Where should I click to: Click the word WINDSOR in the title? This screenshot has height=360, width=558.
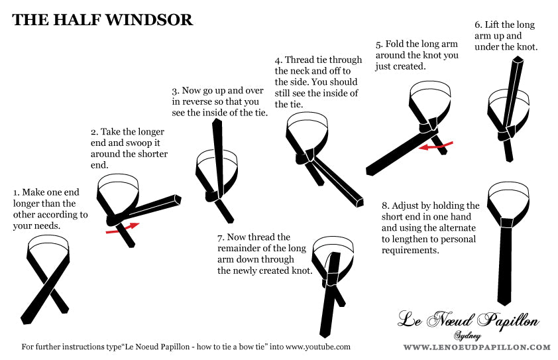click(x=149, y=20)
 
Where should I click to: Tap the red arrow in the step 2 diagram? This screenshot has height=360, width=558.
click(x=123, y=227)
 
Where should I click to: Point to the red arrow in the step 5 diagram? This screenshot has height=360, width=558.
click(x=435, y=145)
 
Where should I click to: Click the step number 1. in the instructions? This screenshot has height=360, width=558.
click(x=17, y=193)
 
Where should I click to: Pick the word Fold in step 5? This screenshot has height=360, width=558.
click(x=394, y=44)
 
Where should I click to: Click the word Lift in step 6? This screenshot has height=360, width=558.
click(x=492, y=25)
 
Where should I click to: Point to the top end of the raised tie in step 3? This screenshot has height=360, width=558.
click(x=217, y=121)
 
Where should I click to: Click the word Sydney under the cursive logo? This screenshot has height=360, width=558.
click(x=468, y=335)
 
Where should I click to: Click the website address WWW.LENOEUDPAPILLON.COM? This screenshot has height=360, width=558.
click(x=477, y=347)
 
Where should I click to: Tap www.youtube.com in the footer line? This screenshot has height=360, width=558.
click(x=318, y=347)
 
